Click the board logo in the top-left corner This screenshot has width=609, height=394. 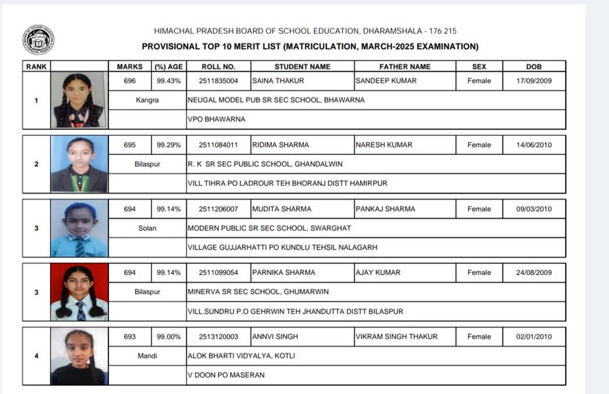click(x=38, y=39)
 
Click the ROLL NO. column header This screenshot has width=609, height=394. click(x=218, y=66)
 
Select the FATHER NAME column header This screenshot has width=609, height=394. click(x=405, y=66)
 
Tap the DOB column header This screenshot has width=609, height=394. click(x=533, y=66)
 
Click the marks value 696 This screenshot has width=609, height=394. click(x=130, y=81)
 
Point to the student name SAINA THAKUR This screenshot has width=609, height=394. click(x=276, y=81)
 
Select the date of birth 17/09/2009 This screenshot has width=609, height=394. click(x=533, y=81)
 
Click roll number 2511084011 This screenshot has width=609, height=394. click(x=218, y=144)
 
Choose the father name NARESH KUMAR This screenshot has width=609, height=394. click(x=384, y=144)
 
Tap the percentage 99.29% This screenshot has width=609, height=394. click(x=168, y=144)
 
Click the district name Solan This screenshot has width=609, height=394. click(x=147, y=228)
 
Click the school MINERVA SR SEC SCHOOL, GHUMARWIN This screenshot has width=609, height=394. click(x=258, y=292)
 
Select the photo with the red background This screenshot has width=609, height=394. click(x=79, y=292)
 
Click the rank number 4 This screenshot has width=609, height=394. click(x=36, y=355)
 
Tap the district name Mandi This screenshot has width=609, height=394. click(x=147, y=355)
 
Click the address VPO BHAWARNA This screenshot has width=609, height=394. click(x=216, y=119)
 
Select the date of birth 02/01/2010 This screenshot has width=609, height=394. click(x=533, y=336)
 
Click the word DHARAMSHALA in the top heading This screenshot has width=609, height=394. click(x=391, y=31)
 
